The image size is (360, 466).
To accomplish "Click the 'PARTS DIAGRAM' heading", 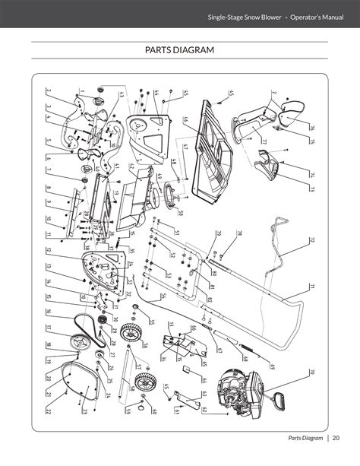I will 179,50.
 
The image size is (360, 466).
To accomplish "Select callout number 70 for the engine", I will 311,372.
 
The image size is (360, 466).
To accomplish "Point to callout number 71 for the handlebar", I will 311,286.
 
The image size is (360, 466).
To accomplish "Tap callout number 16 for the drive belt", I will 48,312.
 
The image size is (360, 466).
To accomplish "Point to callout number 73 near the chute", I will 312,188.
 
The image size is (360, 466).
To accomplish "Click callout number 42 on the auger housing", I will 131,166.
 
